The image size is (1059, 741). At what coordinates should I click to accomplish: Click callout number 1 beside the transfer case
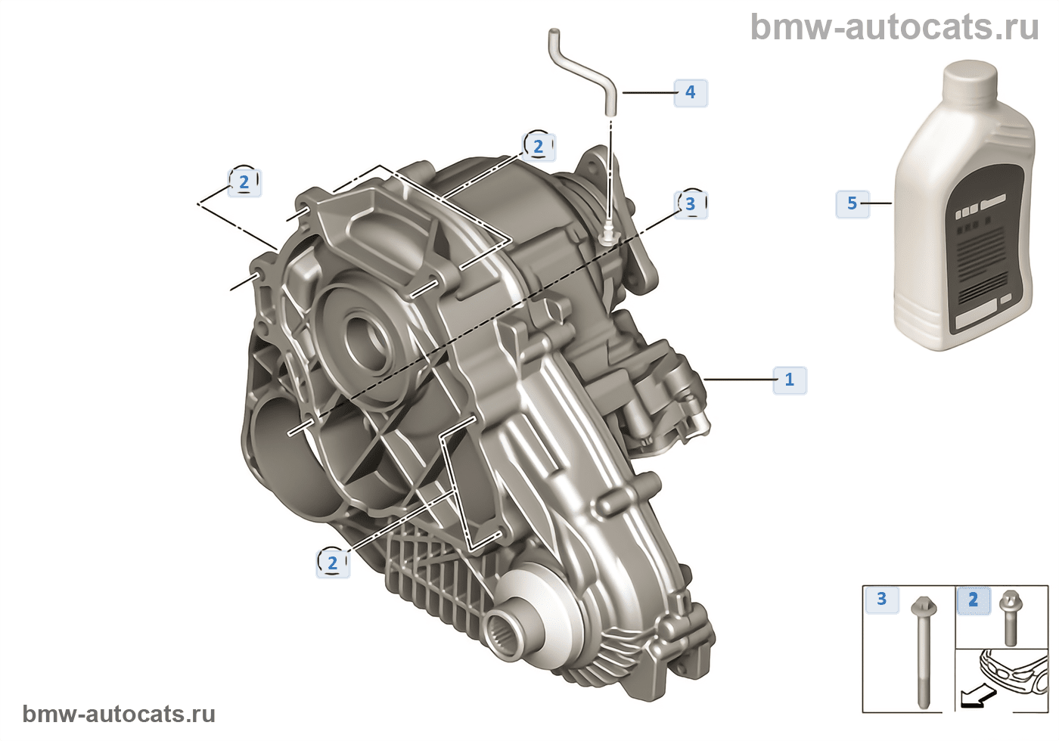pyautogui.click(x=790, y=380)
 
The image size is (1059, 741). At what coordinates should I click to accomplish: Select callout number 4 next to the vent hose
pyautogui.click(x=690, y=92)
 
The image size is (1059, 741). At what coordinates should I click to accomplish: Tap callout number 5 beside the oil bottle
pyautogui.click(x=852, y=203)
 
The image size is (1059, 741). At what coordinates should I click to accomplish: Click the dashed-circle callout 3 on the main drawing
pyautogui.click(x=690, y=204)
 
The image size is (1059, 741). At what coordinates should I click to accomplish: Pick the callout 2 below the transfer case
pyautogui.click(x=333, y=563)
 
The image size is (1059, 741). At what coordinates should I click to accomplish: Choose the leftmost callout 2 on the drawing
pyautogui.click(x=244, y=182)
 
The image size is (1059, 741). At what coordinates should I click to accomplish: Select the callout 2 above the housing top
pyautogui.click(x=539, y=147)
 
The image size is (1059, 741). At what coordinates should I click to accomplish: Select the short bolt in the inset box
pyautogui.click(x=1011, y=617)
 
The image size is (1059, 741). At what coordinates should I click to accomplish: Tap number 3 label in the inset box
pyautogui.click(x=882, y=599)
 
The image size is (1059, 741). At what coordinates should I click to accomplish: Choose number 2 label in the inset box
pyautogui.click(x=973, y=600)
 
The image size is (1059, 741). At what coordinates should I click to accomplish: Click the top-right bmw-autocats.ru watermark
pyautogui.click(x=895, y=27)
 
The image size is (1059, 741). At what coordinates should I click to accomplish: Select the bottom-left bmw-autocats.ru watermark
pyautogui.click(x=120, y=714)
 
